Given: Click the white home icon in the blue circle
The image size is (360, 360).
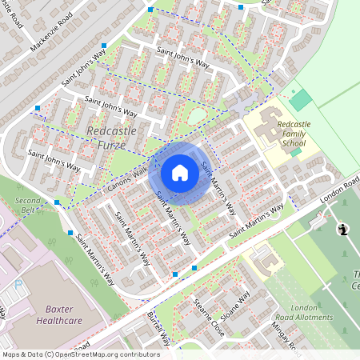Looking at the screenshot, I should (x=180, y=173).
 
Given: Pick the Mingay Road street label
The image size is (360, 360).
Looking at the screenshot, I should (x=285, y=336).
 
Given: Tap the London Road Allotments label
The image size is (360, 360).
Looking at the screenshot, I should (x=311, y=312).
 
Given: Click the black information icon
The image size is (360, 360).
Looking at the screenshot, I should (x=343, y=230).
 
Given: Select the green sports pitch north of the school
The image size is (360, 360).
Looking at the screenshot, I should (x=301, y=100).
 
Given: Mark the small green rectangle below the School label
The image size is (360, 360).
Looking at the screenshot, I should (x=295, y=151).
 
